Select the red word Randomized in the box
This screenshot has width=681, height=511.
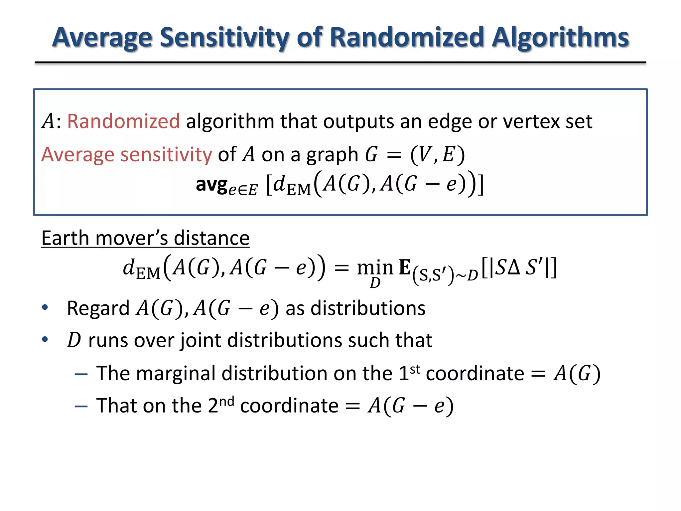click(123, 121)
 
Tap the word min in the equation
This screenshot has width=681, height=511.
click(375, 267)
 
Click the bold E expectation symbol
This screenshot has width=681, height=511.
click(405, 267)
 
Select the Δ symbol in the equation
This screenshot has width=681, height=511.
click(514, 267)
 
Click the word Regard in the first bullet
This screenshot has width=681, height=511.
click(98, 308)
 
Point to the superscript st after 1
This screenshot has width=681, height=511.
click(415, 369)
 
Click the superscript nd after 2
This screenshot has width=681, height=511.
click(226, 401)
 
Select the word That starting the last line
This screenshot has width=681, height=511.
click(114, 406)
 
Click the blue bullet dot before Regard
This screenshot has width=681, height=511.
click(45, 307)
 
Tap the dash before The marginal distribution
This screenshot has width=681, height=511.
click(81, 374)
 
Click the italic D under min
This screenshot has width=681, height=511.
click(375, 283)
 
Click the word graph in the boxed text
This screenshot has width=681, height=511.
click(332, 155)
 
